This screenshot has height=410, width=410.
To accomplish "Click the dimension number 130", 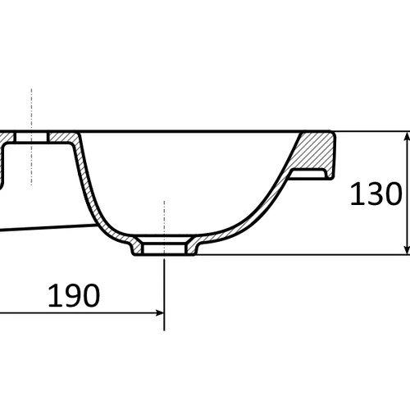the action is pyautogui.click(x=376, y=194).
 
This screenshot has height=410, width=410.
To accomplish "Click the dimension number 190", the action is pyautogui.click(x=74, y=295).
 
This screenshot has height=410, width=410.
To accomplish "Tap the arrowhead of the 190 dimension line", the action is pyautogui.click(x=159, y=313).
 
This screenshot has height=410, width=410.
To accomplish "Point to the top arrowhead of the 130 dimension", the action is pyautogui.click(x=408, y=136).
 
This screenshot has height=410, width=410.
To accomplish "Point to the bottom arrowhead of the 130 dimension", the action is pyautogui.click(x=408, y=249).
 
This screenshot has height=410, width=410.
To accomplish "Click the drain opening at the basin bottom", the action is pyautogui.click(x=164, y=248).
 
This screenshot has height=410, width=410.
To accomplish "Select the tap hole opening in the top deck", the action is pyautogui.click(x=31, y=137).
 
